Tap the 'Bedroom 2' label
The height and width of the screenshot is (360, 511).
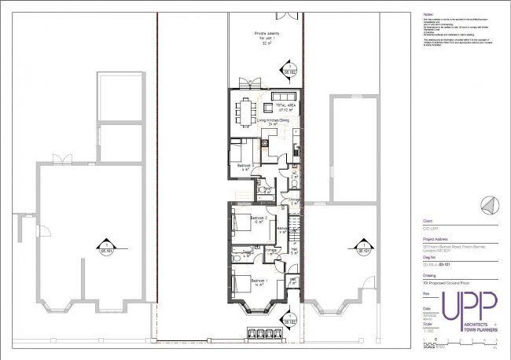point(259,217)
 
